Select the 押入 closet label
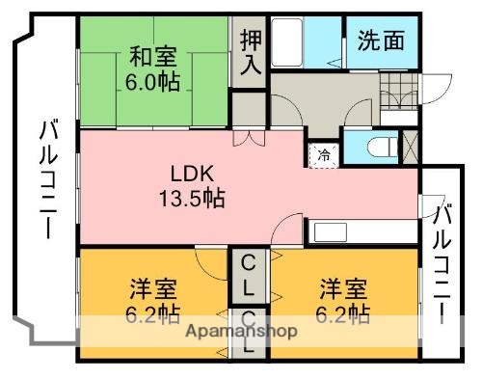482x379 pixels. click(x=250, y=52)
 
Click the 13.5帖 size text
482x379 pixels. click(x=192, y=200)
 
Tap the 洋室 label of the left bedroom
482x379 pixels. click(x=152, y=288)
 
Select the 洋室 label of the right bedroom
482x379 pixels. click(x=342, y=288)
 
